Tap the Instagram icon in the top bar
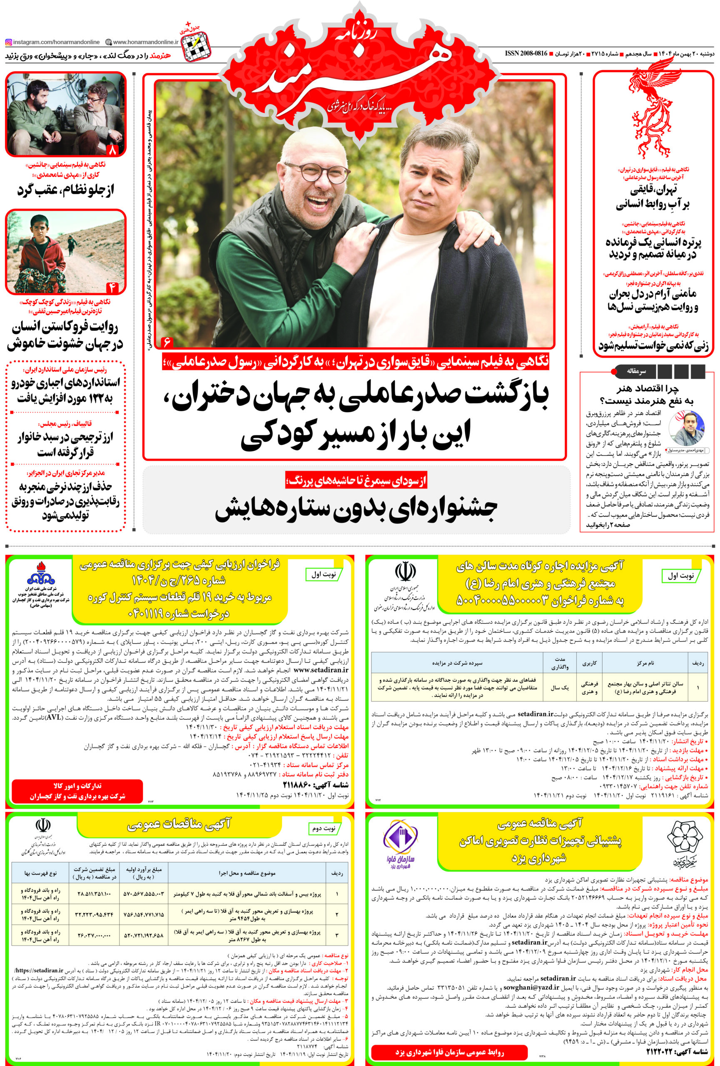click(x=8, y=42)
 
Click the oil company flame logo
click(x=41, y=573)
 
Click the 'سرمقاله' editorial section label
click(x=637, y=371)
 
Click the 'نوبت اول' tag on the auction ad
click(x=680, y=575)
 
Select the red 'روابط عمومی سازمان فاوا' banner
click(x=449, y=1051)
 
